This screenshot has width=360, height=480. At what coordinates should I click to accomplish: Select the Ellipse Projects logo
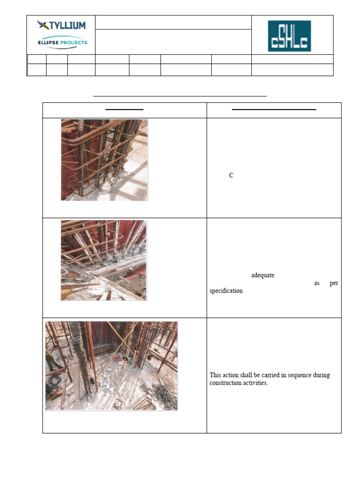(x=62, y=43)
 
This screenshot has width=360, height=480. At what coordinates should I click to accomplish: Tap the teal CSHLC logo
(x=289, y=36)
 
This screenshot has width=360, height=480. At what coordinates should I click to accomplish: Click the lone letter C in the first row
(x=231, y=175)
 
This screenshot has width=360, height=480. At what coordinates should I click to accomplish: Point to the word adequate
(x=263, y=276)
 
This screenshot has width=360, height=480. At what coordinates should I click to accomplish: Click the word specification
(x=226, y=291)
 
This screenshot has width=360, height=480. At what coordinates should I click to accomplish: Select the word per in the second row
(x=334, y=283)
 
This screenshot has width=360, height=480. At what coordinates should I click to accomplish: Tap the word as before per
(x=316, y=283)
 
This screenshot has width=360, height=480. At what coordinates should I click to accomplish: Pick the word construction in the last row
(x=226, y=383)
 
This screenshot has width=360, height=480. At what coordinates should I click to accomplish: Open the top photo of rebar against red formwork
(x=105, y=160)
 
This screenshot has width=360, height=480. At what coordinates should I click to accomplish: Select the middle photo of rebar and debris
(x=104, y=260)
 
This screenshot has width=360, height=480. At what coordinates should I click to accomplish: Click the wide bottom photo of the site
(x=111, y=366)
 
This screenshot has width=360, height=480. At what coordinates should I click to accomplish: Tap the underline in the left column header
(x=124, y=109)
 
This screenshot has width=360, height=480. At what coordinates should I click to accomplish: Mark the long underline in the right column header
(x=274, y=109)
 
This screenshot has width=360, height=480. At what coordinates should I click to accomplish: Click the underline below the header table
(x=180, y=96)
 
